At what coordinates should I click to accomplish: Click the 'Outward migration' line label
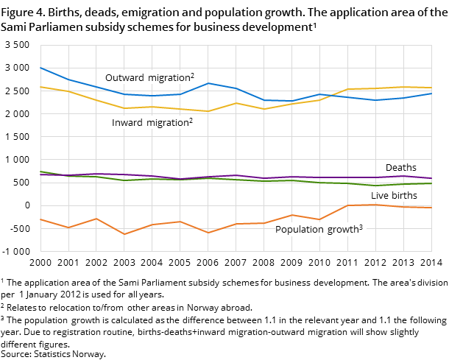[x=147, y=78]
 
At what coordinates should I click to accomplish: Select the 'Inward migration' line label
[x=150, y=123]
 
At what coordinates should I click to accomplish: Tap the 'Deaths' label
[x=400, y=168]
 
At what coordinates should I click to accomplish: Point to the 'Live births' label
[x=394, y=196]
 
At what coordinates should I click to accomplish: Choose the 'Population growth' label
[x=317, y=230]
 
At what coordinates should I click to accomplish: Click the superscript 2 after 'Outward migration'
[x=192, y=75]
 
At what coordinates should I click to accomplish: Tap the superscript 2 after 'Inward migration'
[x=191, y=120]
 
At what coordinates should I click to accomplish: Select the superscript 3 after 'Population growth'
[x=361, y=227]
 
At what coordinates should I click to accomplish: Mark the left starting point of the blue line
[x=40, y=68]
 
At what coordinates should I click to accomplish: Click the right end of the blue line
[x=431, y=93]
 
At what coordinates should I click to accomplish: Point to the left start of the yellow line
[x=40, y=87]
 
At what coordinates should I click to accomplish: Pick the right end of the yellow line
[x=431, y=88]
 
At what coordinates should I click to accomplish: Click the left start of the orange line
[x=40, y=219]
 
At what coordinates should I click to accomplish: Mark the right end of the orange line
[x=431, y=208]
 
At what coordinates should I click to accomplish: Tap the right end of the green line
[x=431, y=183]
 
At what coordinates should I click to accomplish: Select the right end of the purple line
[x=431, y=178]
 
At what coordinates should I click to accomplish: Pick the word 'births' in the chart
[x=404, y=196]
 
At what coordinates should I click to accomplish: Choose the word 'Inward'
[x=127, y=123]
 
